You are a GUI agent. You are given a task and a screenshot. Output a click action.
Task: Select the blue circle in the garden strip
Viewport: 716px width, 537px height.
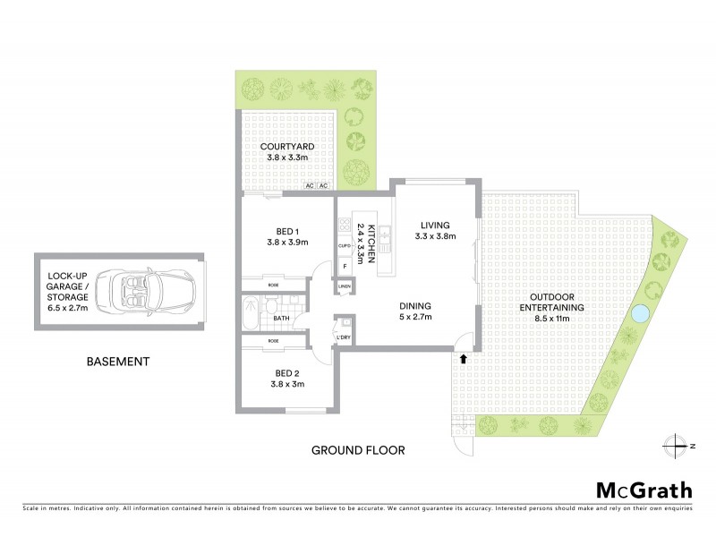(639, 314)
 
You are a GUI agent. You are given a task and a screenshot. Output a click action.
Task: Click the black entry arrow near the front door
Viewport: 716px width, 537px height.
(463, 359)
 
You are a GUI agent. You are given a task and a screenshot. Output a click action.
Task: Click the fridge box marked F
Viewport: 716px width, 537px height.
(344, 266)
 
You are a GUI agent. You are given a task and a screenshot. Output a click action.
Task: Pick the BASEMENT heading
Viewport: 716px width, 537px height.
(117, 362)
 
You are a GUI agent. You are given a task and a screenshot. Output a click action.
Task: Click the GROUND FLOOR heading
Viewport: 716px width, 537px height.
(358, 449)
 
